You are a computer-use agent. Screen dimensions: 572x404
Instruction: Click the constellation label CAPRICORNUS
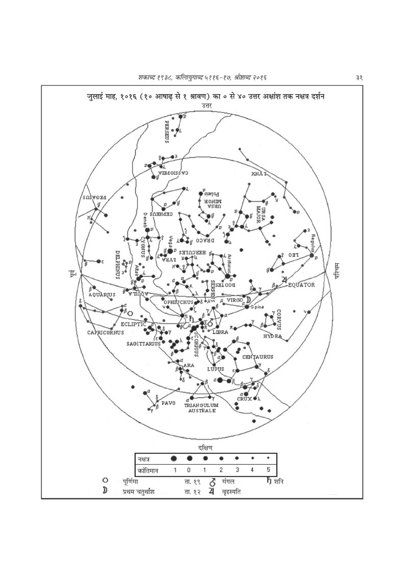[x=106, y=332]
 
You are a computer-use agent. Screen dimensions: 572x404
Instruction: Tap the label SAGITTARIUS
[x=144, y=344]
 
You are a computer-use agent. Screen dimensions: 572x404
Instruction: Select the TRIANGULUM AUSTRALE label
[x=201, y=407]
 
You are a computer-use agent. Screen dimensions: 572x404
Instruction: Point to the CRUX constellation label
[x=245, y=399]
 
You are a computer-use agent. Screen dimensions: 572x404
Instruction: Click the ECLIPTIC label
[x=134, y=324]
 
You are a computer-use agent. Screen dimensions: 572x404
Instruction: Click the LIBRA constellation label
[x=226, y=332]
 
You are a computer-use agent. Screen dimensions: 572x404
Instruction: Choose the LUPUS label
[x=216, y=368]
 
